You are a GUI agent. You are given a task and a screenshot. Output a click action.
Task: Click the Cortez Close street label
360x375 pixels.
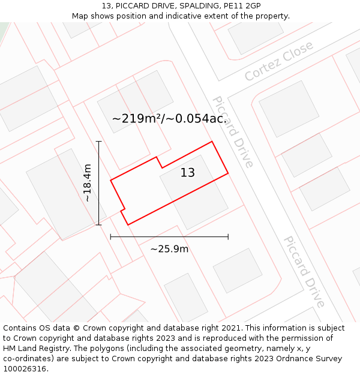279,61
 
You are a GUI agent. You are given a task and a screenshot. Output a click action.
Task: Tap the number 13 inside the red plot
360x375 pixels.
188,173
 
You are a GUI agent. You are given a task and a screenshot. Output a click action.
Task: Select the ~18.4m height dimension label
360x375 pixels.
88,182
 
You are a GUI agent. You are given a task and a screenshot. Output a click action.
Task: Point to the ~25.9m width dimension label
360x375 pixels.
169,249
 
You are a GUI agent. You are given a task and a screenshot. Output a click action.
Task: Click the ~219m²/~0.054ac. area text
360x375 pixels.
169,119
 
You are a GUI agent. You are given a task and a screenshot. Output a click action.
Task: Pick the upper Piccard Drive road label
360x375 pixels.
233,131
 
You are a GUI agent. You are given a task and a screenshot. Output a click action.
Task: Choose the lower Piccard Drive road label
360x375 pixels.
304,272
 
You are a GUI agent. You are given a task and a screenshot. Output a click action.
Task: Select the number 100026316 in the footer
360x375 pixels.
25,369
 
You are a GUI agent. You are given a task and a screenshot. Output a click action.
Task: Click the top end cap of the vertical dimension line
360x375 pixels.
99,142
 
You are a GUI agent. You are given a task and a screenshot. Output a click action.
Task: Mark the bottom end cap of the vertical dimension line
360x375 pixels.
99,225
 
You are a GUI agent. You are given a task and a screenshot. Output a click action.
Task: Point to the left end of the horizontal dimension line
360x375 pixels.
110,237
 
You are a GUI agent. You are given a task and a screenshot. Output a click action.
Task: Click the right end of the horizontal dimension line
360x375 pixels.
228,237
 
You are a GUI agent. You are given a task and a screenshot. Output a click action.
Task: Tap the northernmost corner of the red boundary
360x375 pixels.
212,142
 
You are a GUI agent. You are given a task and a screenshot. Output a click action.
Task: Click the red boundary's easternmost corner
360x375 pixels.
228,173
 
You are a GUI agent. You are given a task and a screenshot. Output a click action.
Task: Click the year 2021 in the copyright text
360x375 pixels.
232,328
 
